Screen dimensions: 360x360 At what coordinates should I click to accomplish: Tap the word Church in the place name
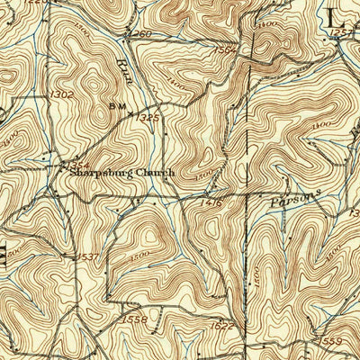click(149, 172)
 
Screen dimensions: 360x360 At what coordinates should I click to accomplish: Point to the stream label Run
click(126, 70)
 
